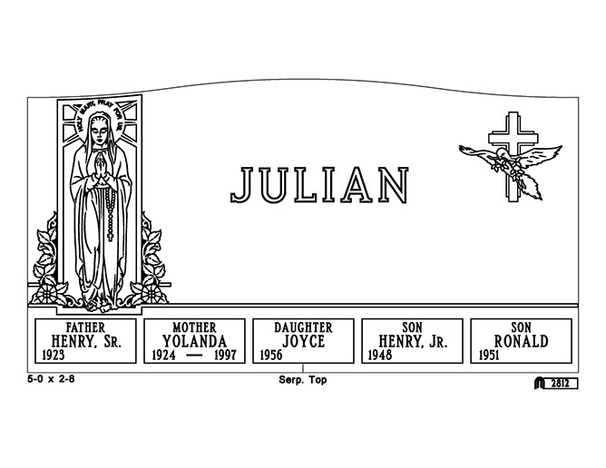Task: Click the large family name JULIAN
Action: click(x=319, y=185)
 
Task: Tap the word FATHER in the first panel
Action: click(x=85, y=327)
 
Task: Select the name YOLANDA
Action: click(x=194, y=341)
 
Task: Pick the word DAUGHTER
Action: click(x=303, y=327)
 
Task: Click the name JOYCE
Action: click(x=303, y=341)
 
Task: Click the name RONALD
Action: click(x=521, y=341)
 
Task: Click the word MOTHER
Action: click(x=194, y=327)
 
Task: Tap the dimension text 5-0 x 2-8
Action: click(x=51, y=379)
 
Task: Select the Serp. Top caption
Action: click(x=303, y=380)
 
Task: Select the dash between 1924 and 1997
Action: click(x=193, y=355)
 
